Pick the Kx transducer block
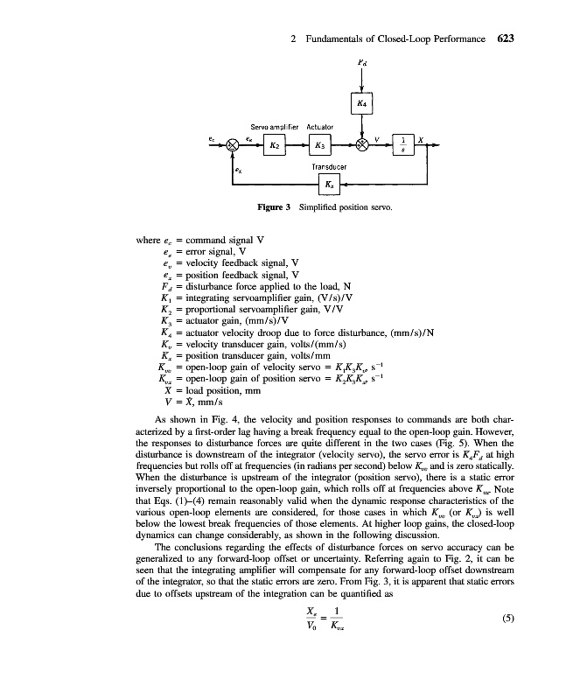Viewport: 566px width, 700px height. click(x=328, y=185)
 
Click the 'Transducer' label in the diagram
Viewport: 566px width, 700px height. click(x=328, y=165)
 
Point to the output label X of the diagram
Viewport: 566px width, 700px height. click(x=421, y=138)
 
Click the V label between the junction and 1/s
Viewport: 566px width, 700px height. click(x=378, y=137)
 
